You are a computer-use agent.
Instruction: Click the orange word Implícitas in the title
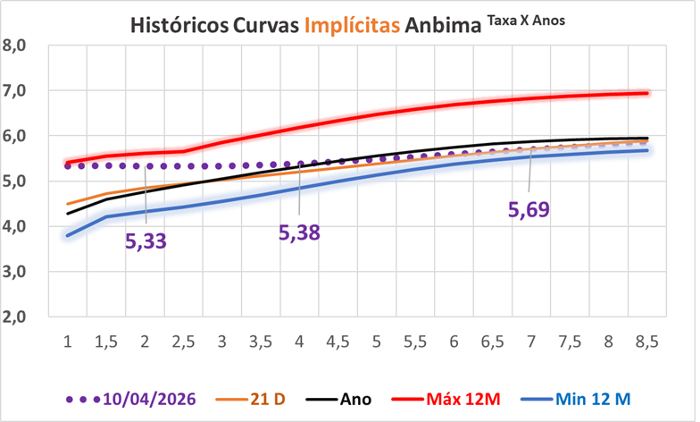352,25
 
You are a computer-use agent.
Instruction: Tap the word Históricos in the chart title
179,25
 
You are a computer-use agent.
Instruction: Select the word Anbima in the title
443,25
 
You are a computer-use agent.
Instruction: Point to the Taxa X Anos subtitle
526,20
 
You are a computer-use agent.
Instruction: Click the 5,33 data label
146,241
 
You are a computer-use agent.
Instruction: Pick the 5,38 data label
299,232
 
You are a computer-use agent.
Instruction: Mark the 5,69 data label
529,209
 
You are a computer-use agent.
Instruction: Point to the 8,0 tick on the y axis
14,46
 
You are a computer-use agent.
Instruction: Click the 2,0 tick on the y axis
14,316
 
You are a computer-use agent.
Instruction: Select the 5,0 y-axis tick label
14,181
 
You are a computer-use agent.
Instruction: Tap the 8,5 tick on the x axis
646,342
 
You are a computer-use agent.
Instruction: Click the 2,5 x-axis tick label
184,342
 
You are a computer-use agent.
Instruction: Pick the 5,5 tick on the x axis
415,342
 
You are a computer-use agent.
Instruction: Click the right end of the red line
647,93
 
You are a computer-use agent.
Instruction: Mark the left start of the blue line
68,236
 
